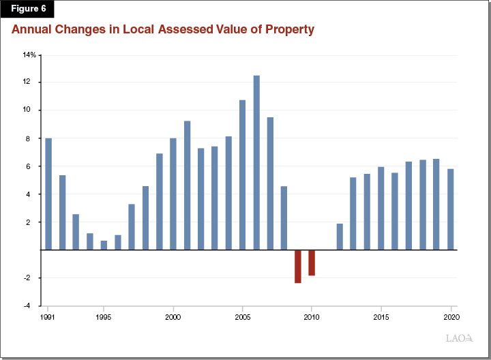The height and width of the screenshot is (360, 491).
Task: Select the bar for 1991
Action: point(48,194)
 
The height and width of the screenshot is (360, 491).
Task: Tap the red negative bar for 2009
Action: point(298,267)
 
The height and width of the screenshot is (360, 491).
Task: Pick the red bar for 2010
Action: point(312,262)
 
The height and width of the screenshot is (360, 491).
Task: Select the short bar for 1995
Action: point(104,245)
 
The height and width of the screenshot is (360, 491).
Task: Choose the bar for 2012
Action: point(340,237)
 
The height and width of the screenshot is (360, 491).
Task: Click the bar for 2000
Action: point(173,194)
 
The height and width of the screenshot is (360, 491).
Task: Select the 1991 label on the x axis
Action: point(48,317)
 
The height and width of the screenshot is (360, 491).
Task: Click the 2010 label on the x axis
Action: point(312,317)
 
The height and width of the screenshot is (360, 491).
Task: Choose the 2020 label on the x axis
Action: point(449,317)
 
